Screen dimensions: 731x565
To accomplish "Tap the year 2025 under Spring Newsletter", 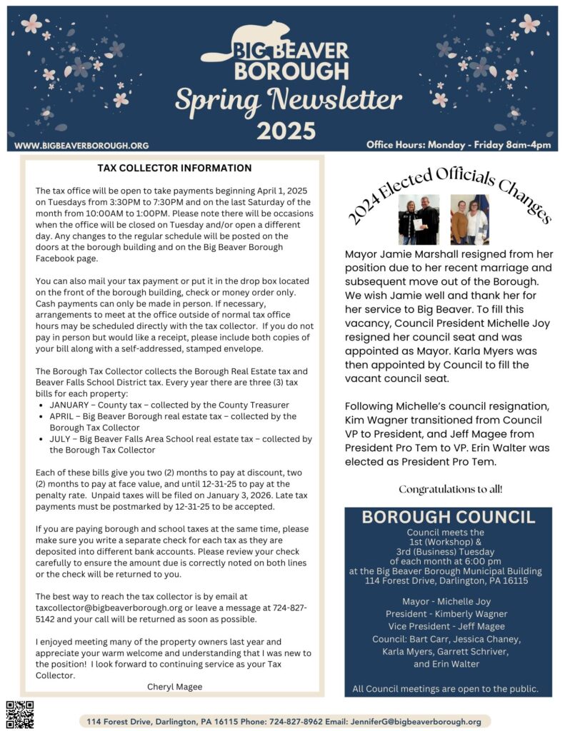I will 286,131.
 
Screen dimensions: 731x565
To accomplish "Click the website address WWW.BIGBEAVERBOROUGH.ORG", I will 81,146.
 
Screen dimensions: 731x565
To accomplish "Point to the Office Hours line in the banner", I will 459,145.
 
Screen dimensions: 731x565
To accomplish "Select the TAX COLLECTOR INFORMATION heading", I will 174,168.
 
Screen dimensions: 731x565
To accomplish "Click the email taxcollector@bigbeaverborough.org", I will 106,608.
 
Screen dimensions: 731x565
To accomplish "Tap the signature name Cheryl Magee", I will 174,687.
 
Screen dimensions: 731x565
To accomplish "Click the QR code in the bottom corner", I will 20,715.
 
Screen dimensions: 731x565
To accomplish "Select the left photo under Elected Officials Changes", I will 419,219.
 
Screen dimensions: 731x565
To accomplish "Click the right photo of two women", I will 469,219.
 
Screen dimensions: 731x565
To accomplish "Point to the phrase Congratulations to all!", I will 450,490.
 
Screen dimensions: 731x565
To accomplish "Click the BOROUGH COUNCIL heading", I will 448,518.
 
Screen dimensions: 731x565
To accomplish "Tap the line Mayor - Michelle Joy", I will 447,601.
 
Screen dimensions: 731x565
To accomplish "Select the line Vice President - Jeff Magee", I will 447,626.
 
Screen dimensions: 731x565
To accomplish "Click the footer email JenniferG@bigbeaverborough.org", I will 416,722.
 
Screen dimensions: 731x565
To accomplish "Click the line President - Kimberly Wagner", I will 447,614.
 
